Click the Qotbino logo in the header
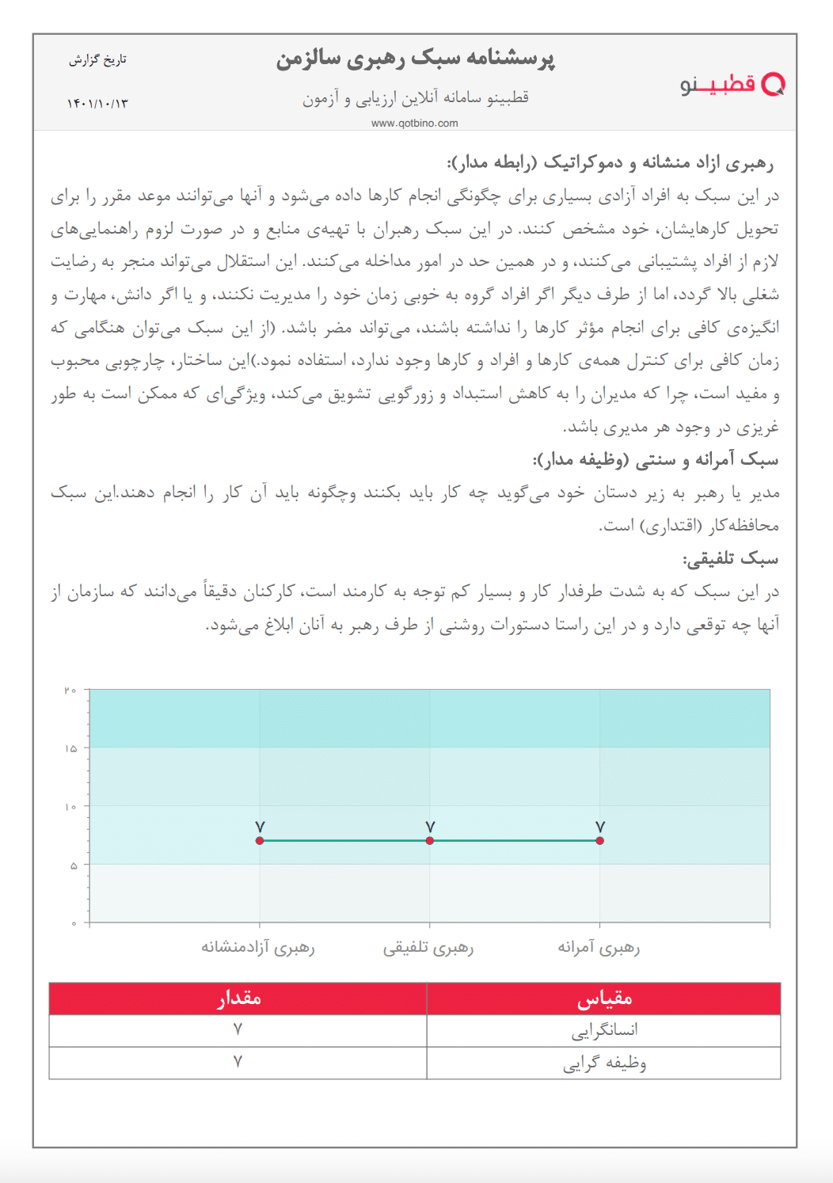[732, 85]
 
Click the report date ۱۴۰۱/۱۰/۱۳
[97, 104]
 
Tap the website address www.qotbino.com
[415, 123]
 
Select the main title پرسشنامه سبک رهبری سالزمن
[416, 59]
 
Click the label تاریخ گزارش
[97, 60]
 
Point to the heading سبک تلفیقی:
[730, 559]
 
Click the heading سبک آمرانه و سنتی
[656, 460]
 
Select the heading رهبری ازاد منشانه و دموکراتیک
[610, 163]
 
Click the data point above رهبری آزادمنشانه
[260, 840]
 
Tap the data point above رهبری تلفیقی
[430, 840]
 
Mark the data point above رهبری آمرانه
[599, 840]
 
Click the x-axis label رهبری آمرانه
[599, 947]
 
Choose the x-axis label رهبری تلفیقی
[428, 947]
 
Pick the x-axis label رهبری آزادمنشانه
[258, 947]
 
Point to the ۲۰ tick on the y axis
[70, 690]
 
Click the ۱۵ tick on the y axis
[70, 748]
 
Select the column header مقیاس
[604, 999]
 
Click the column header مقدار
[238, 999]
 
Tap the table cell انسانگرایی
[604, 1031]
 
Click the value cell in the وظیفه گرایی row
[238, 1063]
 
